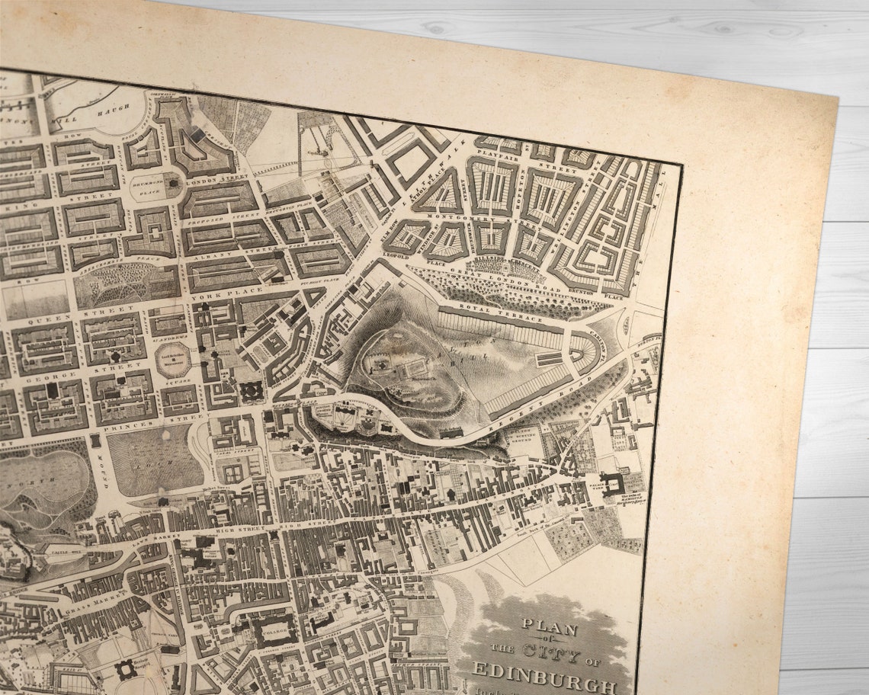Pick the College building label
pyautogui.click(x=273, y=629)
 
